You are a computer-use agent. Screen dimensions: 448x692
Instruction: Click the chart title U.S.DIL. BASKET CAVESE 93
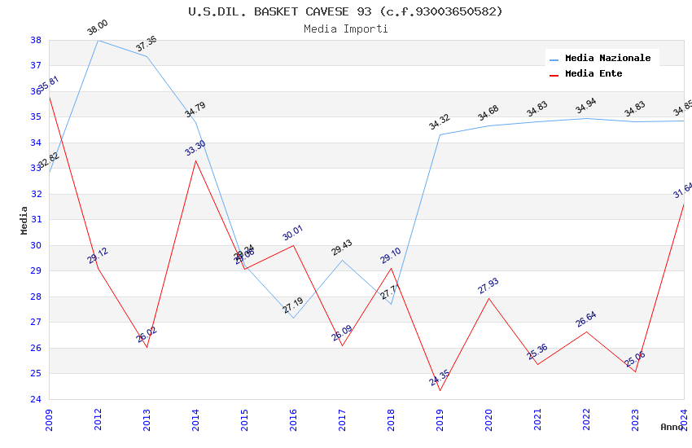click(x=345, y=11)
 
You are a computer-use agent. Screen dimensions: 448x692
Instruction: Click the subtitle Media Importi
click(x=345, y=29)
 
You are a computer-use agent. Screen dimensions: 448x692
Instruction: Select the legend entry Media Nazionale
click(x=607, y=59)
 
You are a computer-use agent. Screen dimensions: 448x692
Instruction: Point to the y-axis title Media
click(x=24, y=220)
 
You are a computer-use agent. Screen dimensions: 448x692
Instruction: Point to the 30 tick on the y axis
click(x=36, y=245)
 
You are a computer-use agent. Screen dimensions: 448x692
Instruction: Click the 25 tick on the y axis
click(x=36, y=374)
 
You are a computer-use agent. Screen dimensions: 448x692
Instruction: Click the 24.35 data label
click(x=440, y=379)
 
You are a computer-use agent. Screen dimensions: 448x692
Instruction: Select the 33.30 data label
click(x=195, y=148)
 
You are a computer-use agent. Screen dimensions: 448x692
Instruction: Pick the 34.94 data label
click(x=586, y=107)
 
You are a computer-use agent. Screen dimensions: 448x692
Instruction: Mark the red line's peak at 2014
click(x=195, y=160)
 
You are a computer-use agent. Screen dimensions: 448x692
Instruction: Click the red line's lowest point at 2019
click(x=440, y=390)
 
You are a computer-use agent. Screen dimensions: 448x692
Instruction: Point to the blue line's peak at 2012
click(x=98, y=40)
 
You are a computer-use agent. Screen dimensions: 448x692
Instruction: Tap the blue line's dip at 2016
click(x=293, y=318)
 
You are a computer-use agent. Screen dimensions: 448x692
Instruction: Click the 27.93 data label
click(x=488, y=286)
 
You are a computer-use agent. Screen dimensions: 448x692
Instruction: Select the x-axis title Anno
click(x=672, y=427)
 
